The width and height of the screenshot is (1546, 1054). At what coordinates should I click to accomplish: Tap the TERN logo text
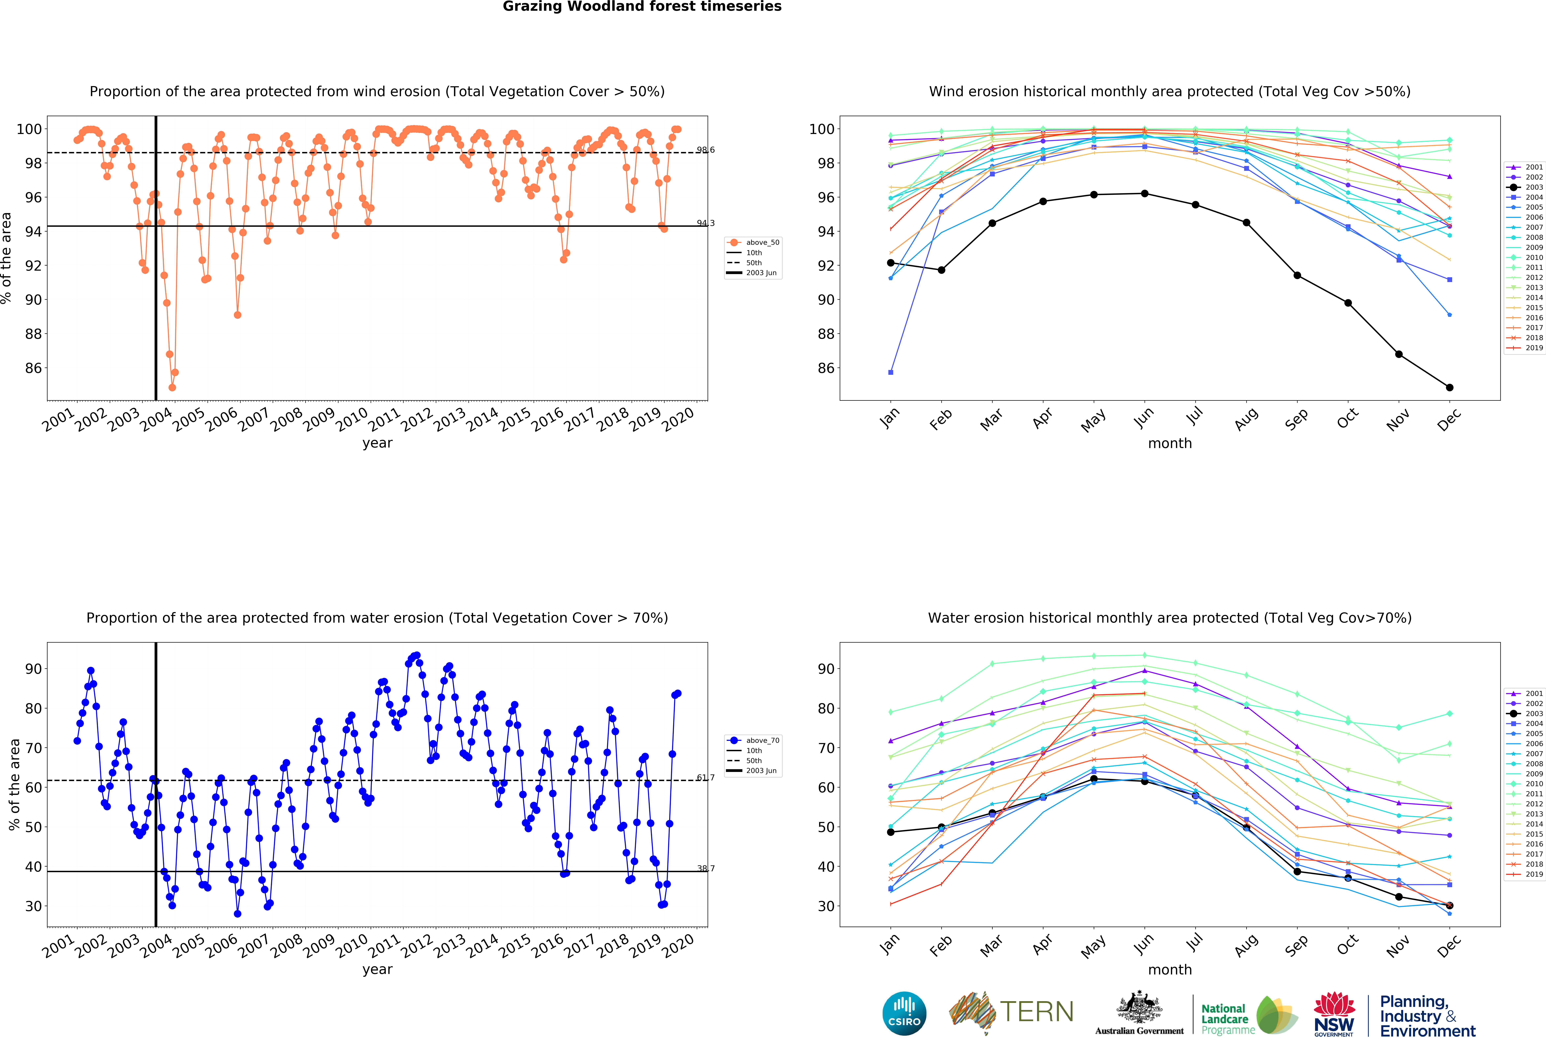1036,1012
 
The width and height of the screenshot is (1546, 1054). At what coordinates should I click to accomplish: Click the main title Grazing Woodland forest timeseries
642,7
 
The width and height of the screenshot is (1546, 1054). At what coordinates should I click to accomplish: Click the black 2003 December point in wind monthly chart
1450,387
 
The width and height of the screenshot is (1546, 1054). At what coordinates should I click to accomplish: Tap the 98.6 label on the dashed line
706,150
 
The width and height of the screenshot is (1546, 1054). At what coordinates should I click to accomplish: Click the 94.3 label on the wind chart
706,223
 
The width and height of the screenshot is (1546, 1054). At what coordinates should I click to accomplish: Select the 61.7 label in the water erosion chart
706,777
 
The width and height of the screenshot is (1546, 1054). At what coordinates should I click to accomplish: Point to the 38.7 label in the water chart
706,868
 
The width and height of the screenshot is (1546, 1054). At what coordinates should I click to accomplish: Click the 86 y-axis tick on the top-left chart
33,368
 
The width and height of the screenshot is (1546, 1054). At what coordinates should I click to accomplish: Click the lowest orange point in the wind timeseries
172,387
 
